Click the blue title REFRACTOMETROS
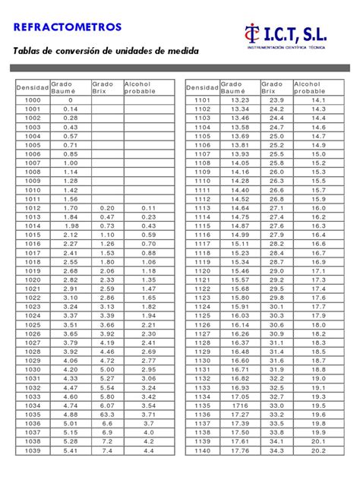click(67, 27)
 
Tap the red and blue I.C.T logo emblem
click(252, 34)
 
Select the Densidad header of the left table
click(33, 88)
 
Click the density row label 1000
click(33, 100)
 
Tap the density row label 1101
click(202, 100)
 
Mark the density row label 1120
click(202, 270)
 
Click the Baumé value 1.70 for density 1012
click(71, 207)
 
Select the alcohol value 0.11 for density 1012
click(149, 207)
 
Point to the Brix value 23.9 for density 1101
click(276, 100)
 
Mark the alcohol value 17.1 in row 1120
click(318, 270)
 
